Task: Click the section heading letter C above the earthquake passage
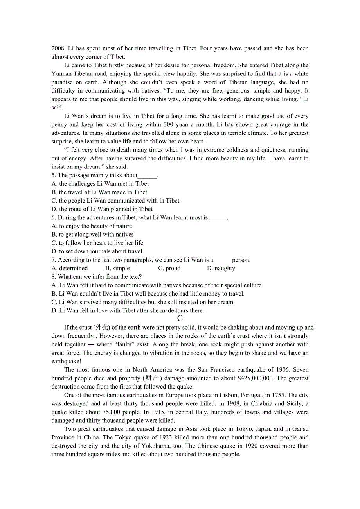tap(180, 319)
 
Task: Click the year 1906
tap(281, 370)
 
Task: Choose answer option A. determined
tap(70, 268)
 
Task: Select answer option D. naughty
tap(221, 268)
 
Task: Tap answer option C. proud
tap(169, 268)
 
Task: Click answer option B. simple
tap(118, 268)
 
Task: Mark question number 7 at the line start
tap(54, 260)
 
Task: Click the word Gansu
tap(298, 429)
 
